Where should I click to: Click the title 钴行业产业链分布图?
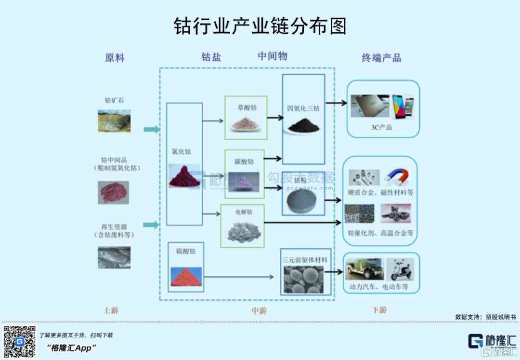(260, 27)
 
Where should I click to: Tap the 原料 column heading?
(115, 58)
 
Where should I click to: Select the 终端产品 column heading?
(381, 58)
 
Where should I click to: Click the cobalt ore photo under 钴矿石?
(114, 120)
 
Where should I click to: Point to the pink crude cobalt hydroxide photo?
(114, 192)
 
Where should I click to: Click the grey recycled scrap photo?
(114, 257)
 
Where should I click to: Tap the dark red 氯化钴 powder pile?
(184, 175)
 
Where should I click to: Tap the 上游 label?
(111, 310)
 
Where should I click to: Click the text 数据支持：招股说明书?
(485, 317)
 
